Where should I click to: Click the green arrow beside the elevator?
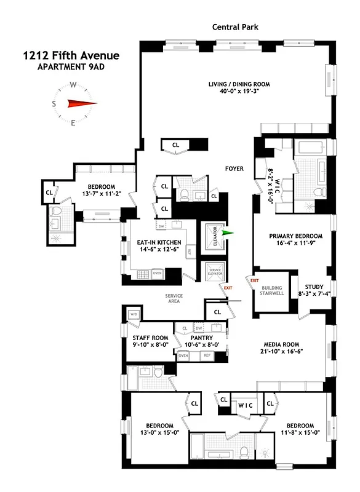(229, 233)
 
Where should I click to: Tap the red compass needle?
(79, 104)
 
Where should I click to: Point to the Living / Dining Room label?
(236, 85)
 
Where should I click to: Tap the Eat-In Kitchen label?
(159, 243)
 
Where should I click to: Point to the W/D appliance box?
(134, 314)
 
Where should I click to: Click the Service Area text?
(174, 298)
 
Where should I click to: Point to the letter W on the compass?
(73, 85)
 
